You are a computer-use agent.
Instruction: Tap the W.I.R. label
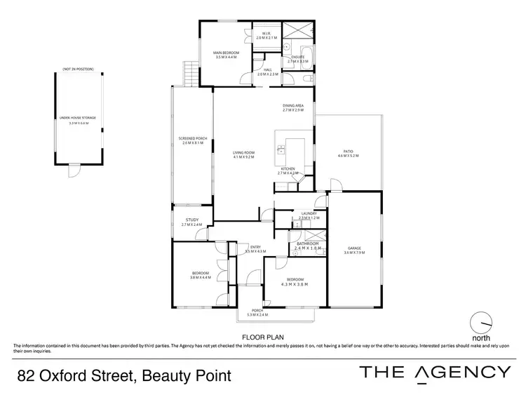(267, 35)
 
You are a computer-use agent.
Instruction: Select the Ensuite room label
(298, 58)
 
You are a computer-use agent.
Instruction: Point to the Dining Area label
(292, 108)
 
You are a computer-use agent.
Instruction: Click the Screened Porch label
(192, 140)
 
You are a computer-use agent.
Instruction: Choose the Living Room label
(243, 154)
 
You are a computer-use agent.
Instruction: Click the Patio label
(348, 153)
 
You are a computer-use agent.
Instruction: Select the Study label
(191, 222)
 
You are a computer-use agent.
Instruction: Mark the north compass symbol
(480, 323)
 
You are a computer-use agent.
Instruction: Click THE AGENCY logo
(435, 373)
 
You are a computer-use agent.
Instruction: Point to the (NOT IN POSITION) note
(77, 69)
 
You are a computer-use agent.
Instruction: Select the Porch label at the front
(257, 313)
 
